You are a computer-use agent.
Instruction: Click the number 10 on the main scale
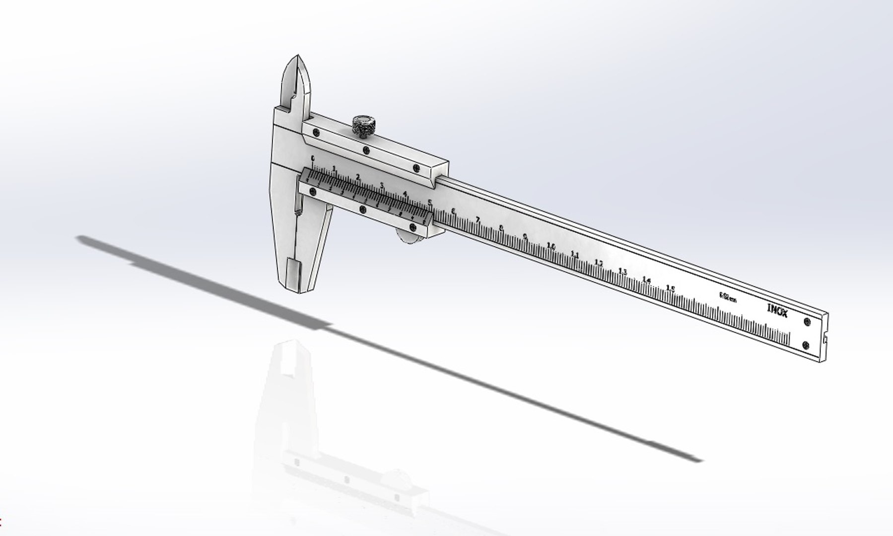(x=550, y=246)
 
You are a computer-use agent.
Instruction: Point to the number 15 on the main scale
(x=670, y=288)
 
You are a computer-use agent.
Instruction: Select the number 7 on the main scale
(x=478, y=219)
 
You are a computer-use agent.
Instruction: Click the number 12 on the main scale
(x=599, y=263)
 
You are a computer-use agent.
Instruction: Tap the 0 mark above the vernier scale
(x=312, y=158)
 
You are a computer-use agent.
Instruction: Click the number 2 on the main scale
(x=358, y=177)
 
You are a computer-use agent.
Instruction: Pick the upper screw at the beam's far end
(x=807, y=322)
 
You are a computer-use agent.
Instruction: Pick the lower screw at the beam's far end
(x=805, y=344)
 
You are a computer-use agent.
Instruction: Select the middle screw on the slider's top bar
(x=366, y=150)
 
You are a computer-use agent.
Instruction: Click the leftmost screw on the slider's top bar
(x=316, y=132)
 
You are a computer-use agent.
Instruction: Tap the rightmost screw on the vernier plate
(x=412, y=227)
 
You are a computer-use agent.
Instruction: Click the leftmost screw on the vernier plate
(x=312, y=191)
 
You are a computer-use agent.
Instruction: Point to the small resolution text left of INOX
(x=728, y=297)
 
